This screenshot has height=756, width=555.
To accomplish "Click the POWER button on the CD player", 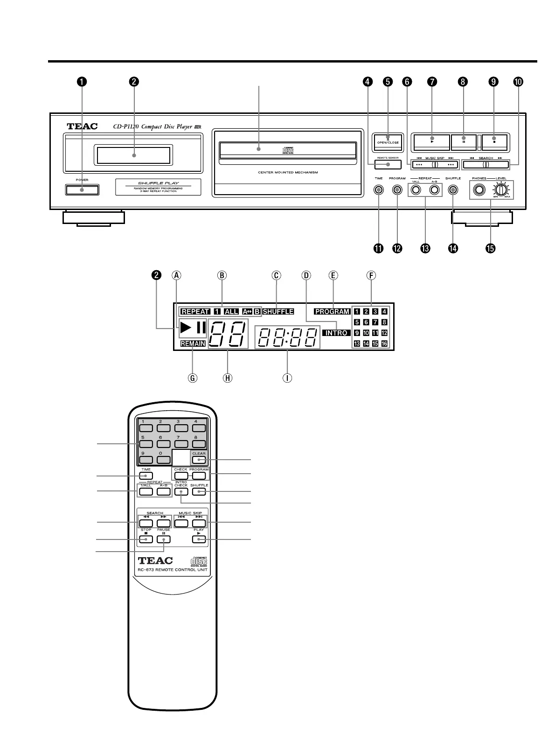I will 82,189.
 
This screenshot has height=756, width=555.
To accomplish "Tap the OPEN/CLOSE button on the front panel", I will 388,142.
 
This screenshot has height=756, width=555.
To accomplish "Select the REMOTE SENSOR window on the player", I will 388,164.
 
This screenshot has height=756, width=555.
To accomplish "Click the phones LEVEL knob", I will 500,190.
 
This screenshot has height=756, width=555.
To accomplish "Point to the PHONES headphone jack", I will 479,190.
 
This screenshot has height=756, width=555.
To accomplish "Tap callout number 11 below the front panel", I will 378,248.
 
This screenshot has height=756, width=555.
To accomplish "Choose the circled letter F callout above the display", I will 371,275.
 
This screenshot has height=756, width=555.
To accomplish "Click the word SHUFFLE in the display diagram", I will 278,312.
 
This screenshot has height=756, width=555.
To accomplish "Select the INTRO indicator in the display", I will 336,333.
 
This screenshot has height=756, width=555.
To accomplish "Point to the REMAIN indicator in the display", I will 193,343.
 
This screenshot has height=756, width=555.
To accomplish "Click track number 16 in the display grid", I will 384,343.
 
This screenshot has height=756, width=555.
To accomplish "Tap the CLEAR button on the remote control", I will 199,460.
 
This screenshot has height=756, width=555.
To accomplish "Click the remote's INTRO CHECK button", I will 181,492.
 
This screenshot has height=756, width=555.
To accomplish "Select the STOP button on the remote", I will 146,539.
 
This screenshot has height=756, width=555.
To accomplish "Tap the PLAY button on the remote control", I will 199,539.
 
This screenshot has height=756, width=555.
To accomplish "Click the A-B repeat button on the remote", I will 164,491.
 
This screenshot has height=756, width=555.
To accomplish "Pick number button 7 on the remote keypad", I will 181,444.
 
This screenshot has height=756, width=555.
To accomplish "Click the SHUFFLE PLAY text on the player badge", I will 159,183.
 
